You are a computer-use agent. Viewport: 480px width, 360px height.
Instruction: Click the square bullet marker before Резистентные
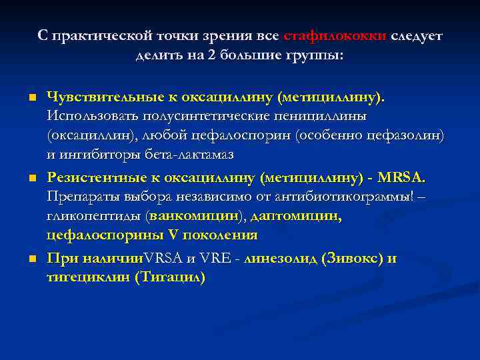coord(31,178)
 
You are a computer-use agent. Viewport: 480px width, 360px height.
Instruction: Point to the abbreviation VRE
coord(210,258)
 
